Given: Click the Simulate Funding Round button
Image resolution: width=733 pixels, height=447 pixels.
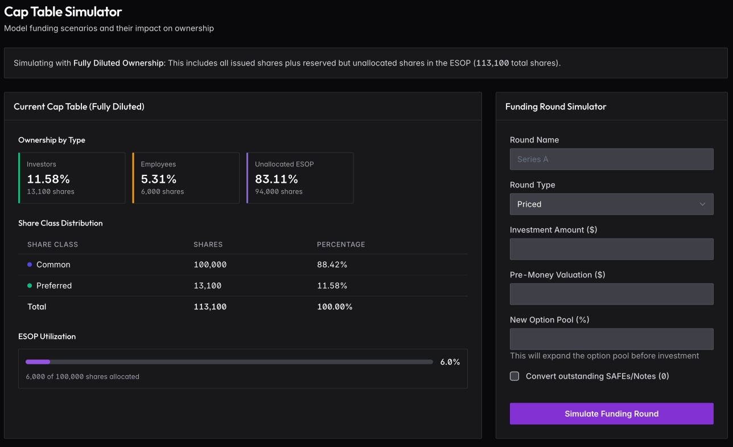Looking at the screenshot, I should click(611, 414).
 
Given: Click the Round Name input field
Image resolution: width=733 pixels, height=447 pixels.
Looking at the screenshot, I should click(611, 159).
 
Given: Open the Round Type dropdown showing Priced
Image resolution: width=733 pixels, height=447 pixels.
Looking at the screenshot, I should click(611, 204).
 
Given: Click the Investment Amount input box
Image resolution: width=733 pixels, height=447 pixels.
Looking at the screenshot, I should click(611, 249).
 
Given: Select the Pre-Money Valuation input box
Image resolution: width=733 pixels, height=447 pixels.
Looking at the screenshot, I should click(611, 294).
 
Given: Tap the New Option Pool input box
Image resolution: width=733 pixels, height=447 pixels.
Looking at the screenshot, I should click(611, 339).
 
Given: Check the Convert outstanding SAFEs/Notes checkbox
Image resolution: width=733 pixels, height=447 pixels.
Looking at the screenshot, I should click(514, 376).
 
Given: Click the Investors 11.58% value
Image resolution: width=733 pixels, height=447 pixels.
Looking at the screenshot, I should click(48, 179).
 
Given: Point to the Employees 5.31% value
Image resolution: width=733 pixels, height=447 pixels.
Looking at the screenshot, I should click(159, 179).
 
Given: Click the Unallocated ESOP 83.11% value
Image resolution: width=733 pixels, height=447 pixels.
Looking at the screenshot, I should click(277, 179).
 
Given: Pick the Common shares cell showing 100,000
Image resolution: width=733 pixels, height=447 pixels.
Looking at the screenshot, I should click(210, 265).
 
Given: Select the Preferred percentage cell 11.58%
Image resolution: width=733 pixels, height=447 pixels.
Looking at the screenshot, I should click(332, 286).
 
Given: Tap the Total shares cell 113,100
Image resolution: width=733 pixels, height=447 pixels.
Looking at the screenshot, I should click(210, 307).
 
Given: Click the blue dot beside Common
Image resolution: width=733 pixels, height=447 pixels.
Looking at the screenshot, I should click(30, 265).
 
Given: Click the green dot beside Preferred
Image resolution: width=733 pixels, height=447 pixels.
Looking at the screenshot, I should click(30, 286).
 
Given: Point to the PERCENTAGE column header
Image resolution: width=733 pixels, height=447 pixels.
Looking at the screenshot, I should click(341, 244).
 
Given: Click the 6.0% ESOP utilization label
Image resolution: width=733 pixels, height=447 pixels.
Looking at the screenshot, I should click(450, 362).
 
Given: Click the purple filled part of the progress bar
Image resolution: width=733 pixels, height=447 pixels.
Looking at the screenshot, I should click(38, 362).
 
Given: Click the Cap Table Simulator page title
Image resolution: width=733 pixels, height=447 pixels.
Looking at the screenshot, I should click(63, 11).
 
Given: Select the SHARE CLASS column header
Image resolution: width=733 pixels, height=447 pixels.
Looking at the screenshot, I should click(52, 244).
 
